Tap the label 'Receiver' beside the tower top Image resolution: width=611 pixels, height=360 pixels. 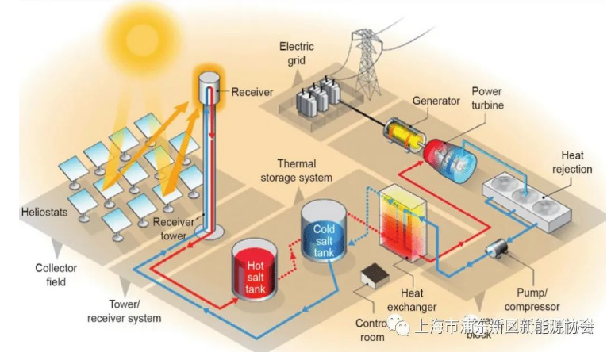(252, 92)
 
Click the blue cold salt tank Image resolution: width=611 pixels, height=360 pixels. (324, 232)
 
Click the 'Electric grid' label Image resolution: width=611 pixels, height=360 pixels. (296, 52)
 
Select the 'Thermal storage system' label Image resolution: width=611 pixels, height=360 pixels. (296, 170)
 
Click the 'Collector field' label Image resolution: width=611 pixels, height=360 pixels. (56, 274)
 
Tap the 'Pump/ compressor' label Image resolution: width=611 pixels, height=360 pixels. (532, 300)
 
